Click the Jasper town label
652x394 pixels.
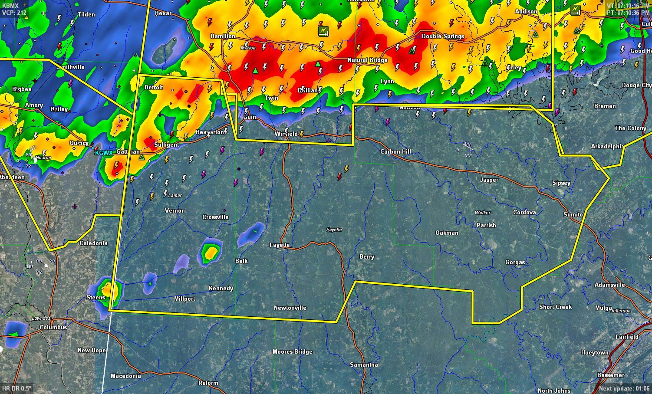pyautogui.click(x=489, y=180)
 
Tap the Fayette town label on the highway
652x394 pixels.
pyautogui.click(x=279, y=245)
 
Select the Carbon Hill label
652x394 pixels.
pyautogui.click(x=395, y=151)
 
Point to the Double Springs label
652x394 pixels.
pyautogui.click(x=443, y=36)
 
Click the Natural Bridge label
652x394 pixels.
pyautogui.click(x=367, y=60)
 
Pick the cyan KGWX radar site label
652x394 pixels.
pyautogui.click(x=104, y=153)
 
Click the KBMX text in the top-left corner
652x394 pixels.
pyautogui.click(x=10, y=6)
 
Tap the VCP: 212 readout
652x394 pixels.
pyautogui.click(x=14, y=13)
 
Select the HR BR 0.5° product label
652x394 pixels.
pyautogui.click(x=16, y=388)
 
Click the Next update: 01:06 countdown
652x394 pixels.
pyautogui.click(x=624, y=388)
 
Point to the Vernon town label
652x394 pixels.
pyautogui.click(x=175, y=211)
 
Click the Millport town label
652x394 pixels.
pyautogui.click(x=184, y=299)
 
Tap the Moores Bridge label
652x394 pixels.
pyautogui.click(x=292, y=352)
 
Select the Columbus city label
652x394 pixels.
pyautogui.click(x=53, y=327)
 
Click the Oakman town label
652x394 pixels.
pyautogui.click(x=447, y=233)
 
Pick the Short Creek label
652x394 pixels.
pyautogui.click(x=555, y=307)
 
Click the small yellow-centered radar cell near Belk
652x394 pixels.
pyautogui.click(x=211, y=252)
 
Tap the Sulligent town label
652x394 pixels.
pyautogui.click(x=166, y=144)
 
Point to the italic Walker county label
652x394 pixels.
pyautogui.click(x=482, y=213)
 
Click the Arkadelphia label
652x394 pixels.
pyautogui.click(x=607, y=147)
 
